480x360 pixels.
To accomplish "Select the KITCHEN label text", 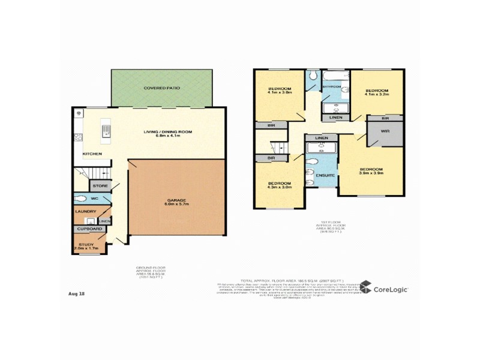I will (x=92, y=154).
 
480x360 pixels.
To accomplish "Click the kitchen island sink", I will (x=106, y=130).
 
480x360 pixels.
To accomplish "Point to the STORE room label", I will (x=100, y=187).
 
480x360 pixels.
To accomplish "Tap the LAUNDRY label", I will (x=85, y=211).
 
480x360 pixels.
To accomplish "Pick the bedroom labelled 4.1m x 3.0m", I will (x=280, y=91).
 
